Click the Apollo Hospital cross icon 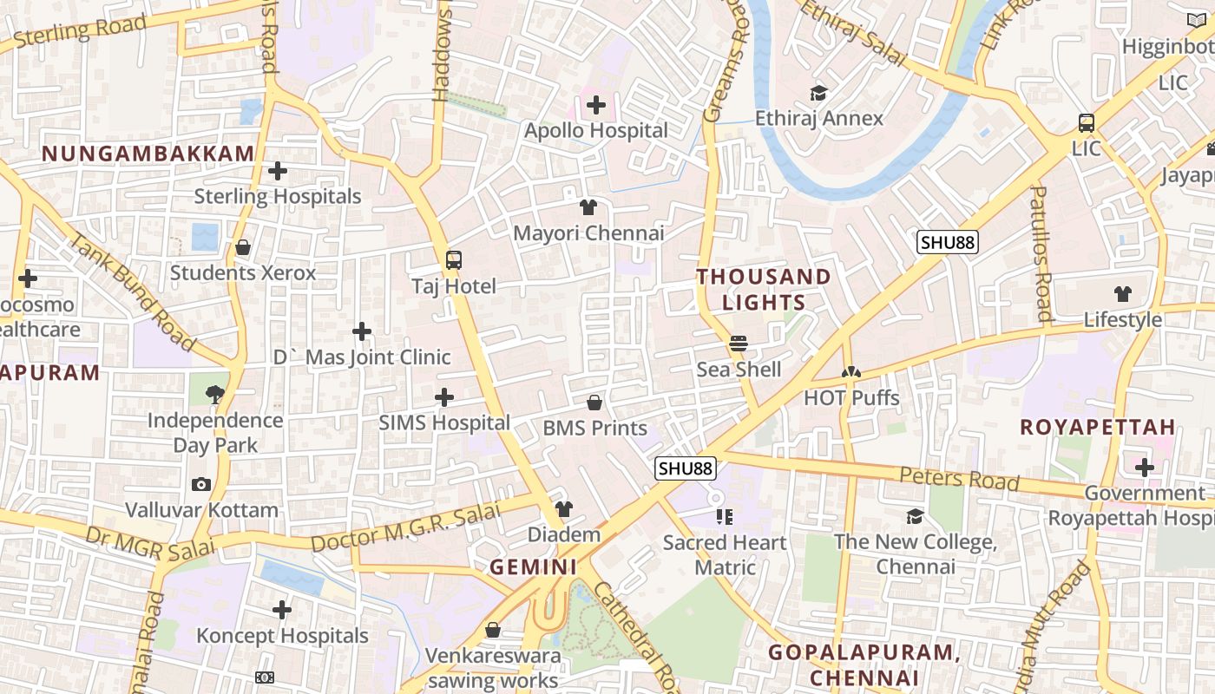click(595, 106)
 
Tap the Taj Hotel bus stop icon click(453, 259)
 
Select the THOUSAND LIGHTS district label click(764, 290)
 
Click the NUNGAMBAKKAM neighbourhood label click(148, 154)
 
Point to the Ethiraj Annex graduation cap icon click(818, 93)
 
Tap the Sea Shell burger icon click(739, 344)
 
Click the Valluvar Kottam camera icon click(201, 484)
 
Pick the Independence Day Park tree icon click(215, 395)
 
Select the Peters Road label click(958, 478)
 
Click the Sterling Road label click(79, 30)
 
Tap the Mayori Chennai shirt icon click(588, 207)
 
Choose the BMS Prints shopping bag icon click(594, 403)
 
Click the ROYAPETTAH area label click(1097, 427)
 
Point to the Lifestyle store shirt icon click(1123, 294)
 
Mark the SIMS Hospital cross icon click(444, 397)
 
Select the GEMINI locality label click(533, 567)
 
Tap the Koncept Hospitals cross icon click(282, 610)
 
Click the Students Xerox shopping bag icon click(243, 248)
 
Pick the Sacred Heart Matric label click(725, 555)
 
